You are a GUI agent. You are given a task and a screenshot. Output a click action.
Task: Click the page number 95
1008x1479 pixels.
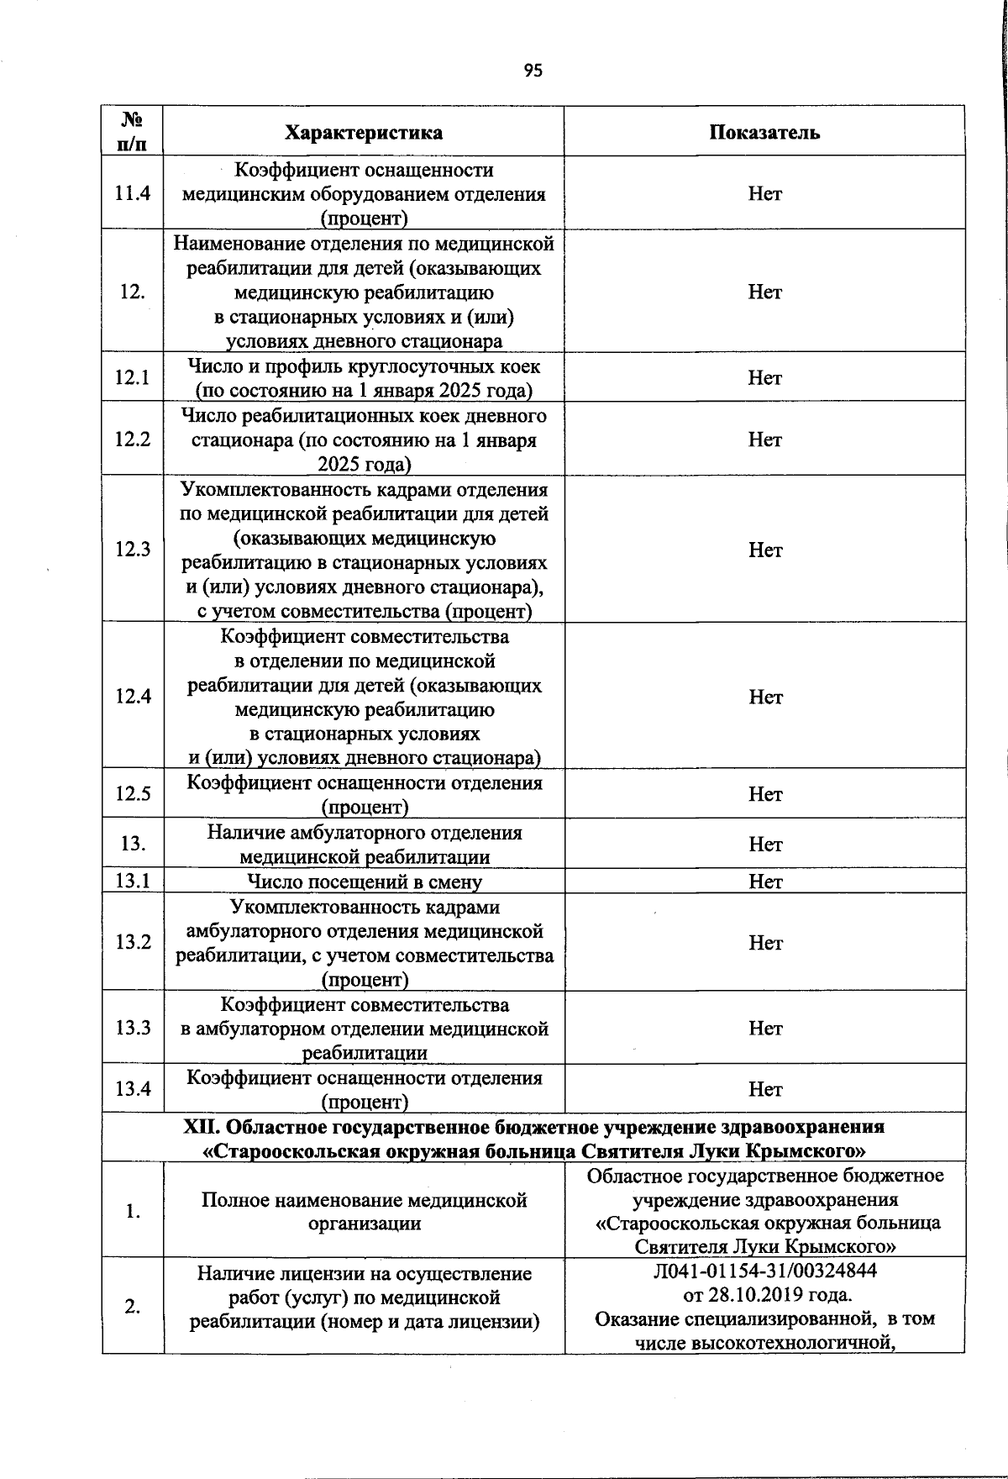click(533, 71)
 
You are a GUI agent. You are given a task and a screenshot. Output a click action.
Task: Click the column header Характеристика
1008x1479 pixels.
click(364, 133)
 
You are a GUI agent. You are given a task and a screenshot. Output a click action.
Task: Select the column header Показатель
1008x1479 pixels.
click(764, 133)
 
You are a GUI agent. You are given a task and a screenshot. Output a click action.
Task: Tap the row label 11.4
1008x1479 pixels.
click(133, 193)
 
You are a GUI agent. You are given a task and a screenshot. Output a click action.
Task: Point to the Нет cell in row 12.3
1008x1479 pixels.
click(764, 550)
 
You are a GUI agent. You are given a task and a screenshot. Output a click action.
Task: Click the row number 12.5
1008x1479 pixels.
click(133, 794)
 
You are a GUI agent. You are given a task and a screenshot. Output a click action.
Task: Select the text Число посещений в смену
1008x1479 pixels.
click(364, 882)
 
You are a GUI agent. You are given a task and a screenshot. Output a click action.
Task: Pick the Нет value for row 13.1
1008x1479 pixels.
click(764, 882)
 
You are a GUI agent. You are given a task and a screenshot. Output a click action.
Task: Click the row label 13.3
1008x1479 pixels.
click(133, 1028)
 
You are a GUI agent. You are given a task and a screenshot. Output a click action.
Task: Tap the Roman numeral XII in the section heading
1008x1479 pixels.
click(202, 1126)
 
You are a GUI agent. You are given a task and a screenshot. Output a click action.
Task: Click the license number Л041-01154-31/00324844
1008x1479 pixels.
click(764, 1271)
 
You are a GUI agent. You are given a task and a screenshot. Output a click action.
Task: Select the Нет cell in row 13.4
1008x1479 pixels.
click(764, 1089)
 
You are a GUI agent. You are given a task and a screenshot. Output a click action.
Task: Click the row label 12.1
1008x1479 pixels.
click(133, 377)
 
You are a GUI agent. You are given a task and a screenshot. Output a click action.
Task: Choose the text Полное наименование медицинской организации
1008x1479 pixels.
click(364, 1212)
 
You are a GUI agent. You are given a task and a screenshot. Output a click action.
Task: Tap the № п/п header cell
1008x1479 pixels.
click(133, 133)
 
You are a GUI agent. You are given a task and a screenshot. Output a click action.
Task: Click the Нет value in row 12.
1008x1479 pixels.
click(764, 292)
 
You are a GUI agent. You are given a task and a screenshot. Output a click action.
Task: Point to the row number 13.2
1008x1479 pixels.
click(133, 942)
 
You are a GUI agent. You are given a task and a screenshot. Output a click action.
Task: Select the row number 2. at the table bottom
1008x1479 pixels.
click(133, 1307)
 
